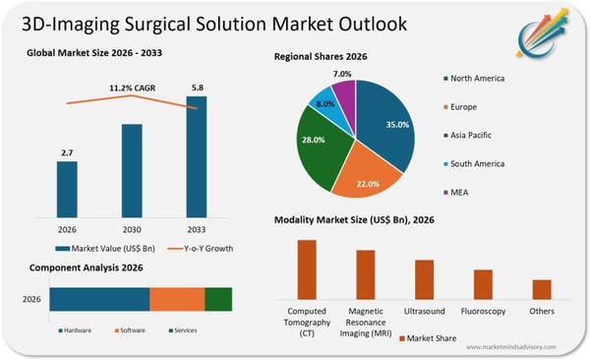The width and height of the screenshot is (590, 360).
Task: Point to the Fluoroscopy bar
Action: pos(483,284)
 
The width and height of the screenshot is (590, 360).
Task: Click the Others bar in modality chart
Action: pos(542,289)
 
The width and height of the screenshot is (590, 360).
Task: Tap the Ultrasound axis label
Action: pos(424,311)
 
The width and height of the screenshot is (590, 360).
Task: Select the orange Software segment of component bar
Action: pos(177,300)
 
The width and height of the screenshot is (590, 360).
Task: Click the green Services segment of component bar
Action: pos(218,300)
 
